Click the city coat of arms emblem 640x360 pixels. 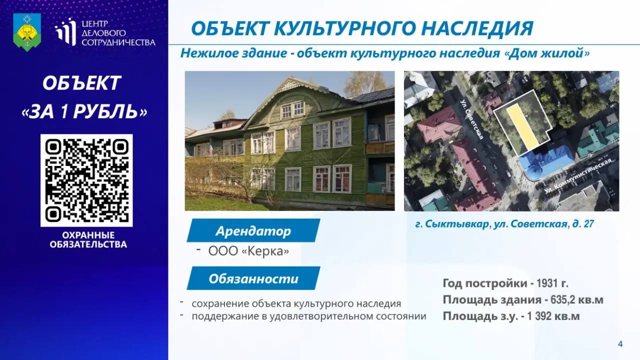point(27,32)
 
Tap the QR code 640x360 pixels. point(86,180)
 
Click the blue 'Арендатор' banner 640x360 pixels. point(253,230)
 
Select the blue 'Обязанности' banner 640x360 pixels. point(253,278)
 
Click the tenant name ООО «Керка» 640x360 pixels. point(248,251)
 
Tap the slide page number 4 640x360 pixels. point(620,343)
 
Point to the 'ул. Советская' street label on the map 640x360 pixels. point(471,119)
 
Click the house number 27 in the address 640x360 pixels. point(588,224)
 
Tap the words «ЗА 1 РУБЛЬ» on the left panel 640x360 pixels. point(84,111)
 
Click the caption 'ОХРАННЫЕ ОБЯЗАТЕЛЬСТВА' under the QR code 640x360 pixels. point(88,239)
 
